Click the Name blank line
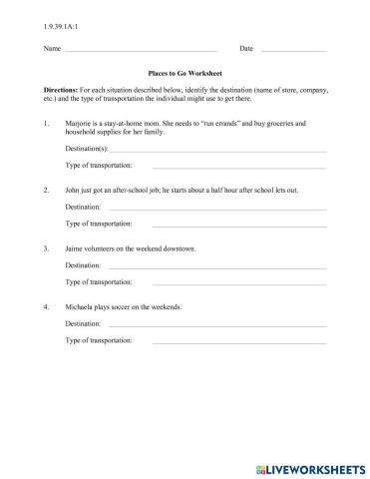click(x=140, y=50)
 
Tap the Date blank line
click(x=293, y=50)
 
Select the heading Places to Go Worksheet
click(x=185, y=74)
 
